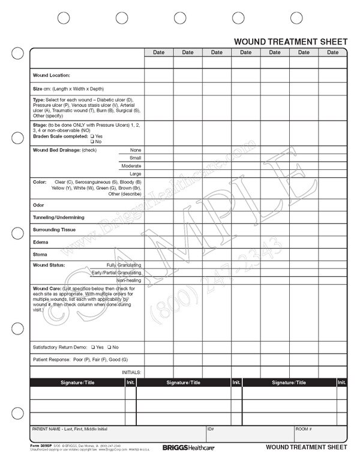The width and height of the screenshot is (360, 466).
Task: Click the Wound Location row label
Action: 51,75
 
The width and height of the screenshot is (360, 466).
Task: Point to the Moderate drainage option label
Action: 131,165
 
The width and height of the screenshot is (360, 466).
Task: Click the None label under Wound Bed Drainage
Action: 136,150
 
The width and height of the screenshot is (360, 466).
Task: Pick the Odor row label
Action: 38,205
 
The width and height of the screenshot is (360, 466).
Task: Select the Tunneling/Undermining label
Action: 58,217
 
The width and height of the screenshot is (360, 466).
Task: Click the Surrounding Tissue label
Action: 54,229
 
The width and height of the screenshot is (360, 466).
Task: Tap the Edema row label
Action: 40,242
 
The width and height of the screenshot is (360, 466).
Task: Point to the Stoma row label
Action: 40,255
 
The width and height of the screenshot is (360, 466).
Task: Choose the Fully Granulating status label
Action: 124,265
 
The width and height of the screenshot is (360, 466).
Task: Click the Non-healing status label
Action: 129,280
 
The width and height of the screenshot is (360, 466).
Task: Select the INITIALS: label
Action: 131,372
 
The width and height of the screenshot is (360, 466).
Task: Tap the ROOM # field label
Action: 303,429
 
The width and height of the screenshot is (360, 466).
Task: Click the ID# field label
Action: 211,429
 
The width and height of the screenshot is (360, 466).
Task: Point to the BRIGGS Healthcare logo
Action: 183,447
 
